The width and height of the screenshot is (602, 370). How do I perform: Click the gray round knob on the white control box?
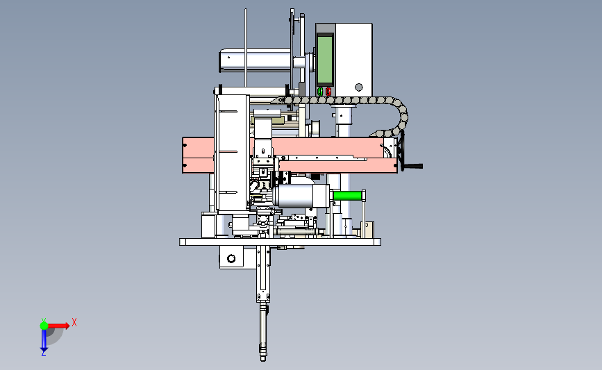point(358,87)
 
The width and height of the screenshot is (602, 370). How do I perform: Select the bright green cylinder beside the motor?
point(348,196)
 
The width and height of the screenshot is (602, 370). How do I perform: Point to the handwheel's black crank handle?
point(412,166)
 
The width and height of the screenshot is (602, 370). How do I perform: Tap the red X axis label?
point(74,322)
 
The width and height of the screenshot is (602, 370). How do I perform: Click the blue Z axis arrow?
point(44,340)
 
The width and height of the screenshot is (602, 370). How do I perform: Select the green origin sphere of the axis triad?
point(44,326)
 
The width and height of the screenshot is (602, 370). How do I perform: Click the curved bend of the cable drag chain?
point(401,116)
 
